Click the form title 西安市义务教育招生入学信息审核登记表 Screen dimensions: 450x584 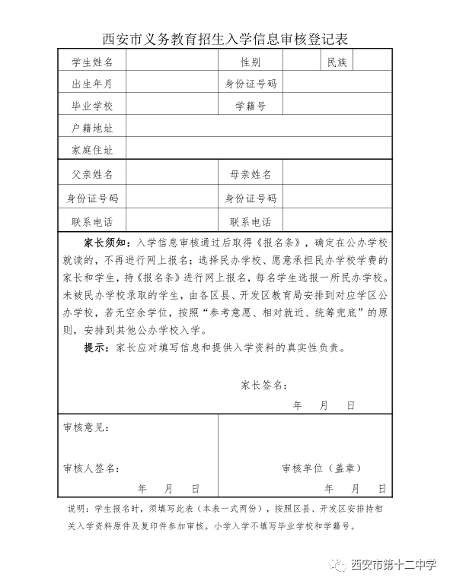click(x=225, y=39)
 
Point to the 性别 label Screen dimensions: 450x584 click(x=251, y=62)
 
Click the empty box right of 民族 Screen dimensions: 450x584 click(x=372, y=62)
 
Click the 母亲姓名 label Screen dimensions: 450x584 click(x=251, y=174)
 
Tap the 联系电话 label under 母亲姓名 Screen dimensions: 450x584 click(x=251, y=222)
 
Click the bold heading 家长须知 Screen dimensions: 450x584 click(x=107, y=243)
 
